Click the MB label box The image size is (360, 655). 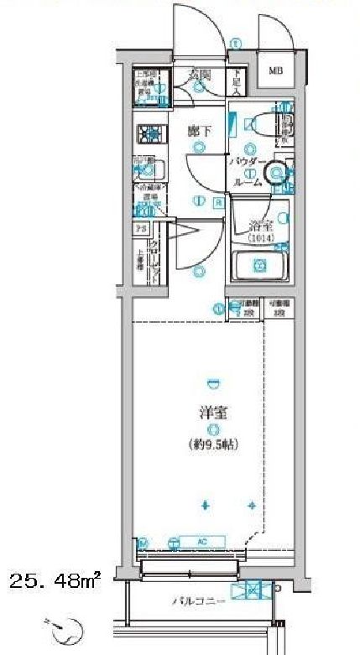[274, 70]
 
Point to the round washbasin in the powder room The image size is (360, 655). [274, 172]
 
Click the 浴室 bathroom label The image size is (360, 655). [260, 225]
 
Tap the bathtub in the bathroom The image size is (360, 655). [260, 268]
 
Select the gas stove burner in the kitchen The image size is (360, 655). [150, 132]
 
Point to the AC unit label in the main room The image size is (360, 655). [202, 541]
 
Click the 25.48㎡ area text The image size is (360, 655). [55, 580]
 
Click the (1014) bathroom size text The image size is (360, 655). [260, 239]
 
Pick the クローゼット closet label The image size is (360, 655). [156, 256]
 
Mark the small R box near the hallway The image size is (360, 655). [217, 201]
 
